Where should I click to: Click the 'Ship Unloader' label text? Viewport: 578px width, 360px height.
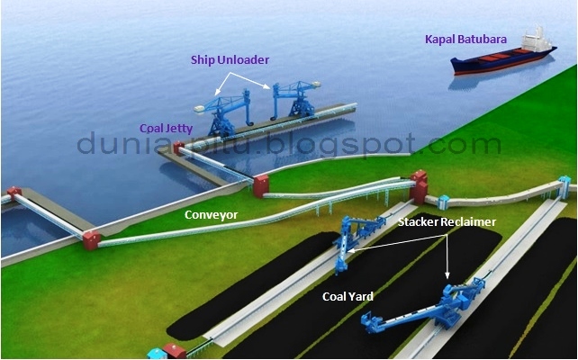coord(230,60)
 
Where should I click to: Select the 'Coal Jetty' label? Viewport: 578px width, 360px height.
coord(166,129)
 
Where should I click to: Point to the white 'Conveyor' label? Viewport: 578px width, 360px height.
coord(212,215)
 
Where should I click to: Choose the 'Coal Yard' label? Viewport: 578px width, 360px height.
coord(348,294)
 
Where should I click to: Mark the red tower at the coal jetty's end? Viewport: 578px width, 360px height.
coord(260,185)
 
